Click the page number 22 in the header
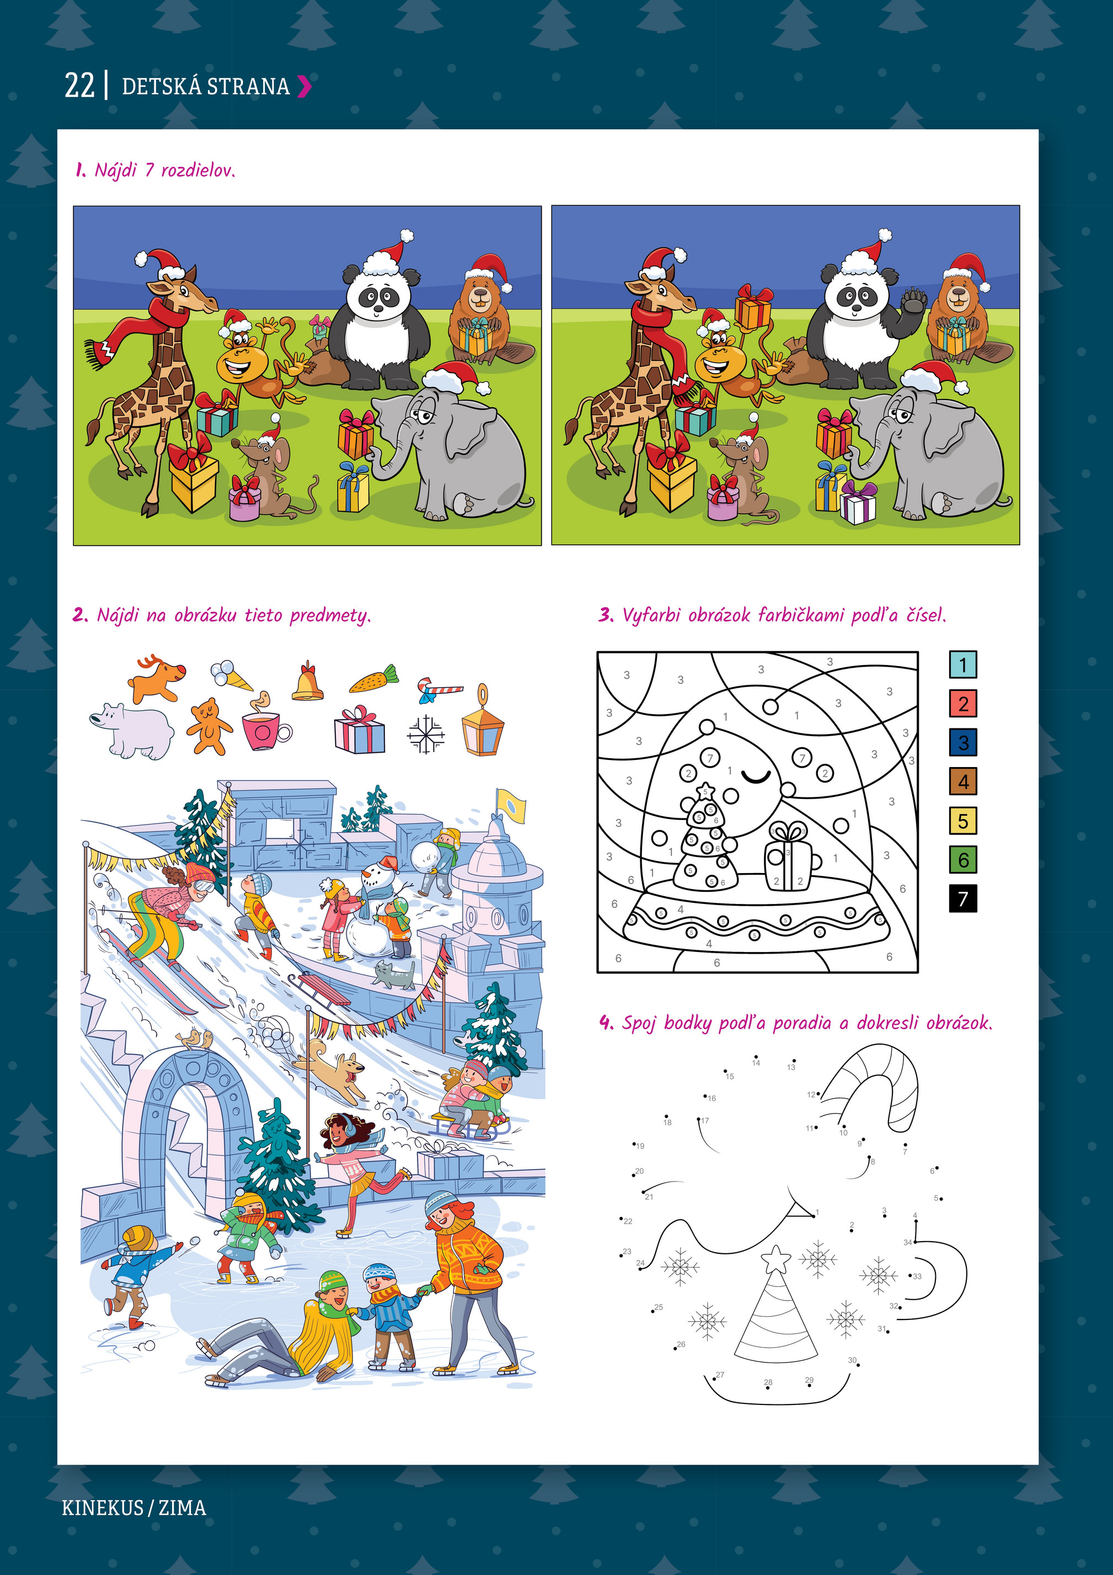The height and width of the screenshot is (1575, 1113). point(79,86)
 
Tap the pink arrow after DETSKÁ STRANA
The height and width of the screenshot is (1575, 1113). point(304,87)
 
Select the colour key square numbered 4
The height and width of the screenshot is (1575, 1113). point(963,781)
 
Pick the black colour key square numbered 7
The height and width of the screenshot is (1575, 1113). point(963,898)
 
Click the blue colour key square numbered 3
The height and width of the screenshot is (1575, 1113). point(963,742)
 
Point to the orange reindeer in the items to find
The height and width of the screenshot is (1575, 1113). point(156,678)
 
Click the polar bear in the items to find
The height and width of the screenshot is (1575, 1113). point(132,731)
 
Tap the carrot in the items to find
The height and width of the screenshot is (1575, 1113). point(374,678)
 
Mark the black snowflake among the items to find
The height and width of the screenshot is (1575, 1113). point(425,734)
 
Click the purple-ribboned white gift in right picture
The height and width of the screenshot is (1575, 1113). point(858,503)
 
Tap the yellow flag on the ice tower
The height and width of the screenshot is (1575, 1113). point(510,805)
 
